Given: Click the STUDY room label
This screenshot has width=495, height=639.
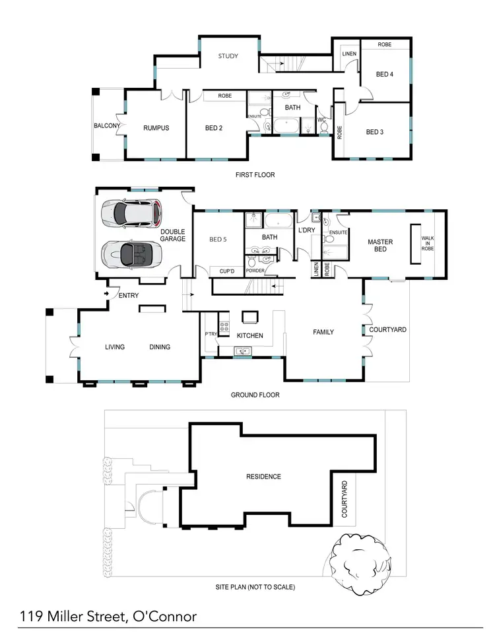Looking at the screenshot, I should (x=228, y=56).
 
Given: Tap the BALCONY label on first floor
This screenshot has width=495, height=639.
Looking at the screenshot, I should (x=106, y=125).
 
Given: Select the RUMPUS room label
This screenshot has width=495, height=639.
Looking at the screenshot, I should (x=156, y=128).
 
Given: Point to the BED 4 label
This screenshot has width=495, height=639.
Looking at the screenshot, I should (x=385, y=75).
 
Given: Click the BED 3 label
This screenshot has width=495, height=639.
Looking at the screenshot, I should (x=374, y=132).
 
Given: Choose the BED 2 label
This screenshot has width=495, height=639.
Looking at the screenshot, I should (x=214, y=128).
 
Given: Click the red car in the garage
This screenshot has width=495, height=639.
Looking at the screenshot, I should (x=131, y=213).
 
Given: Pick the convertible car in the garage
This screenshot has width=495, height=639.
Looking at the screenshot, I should (x=129, y=252).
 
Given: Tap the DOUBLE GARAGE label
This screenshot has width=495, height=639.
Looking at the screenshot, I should (x=173, y=235).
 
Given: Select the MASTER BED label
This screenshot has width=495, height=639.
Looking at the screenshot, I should (x=380, y=246).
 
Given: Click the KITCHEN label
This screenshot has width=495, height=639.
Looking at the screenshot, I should (x=250, y=336).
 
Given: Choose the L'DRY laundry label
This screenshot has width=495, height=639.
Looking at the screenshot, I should (x=306, y=229).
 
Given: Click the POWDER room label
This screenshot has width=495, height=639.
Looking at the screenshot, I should (x=255, y=271).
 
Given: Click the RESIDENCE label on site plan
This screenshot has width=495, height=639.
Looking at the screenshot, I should (x=263, y=477).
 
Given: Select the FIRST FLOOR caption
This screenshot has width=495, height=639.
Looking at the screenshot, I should (x=255, y=175).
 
